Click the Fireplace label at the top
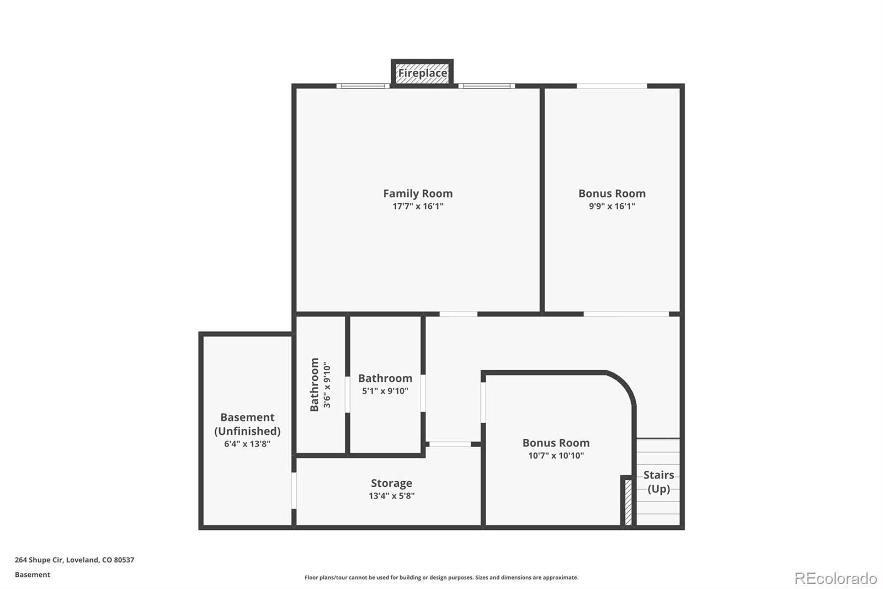pyautogui.click(x=422, y=73)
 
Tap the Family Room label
pyautogui.click(x=418, y=193)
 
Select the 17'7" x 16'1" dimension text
pyautogui.click(x=418, y=207)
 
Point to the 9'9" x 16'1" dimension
pyautogui.click(x=611, y=207)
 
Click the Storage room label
pyautogui.click(x=391, y=483)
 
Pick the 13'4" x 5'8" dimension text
pyautogui.click(x=391, y=496)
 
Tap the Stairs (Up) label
pyautogui.click(x=658, y=482)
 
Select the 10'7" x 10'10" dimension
pyautogui.click(x=556, y=456)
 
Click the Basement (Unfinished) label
pyautogui.click(x=247, y=424)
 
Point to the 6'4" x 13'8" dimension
pyautogui.click(x=247, y=444)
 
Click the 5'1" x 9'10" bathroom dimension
pyautogui.click(x=385, y=391)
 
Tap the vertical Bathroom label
pyautogui.click(x=315, y=385)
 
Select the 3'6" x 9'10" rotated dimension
pyautogui.click(x=327, y=385)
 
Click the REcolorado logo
pyautogui.click(x=836, y=579)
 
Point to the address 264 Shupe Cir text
pyautogui.click(x=75, y=560)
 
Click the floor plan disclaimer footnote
pyautogui.click(x=441, y=577)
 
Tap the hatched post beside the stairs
pyautogui.click(x=627, y=502)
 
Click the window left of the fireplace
pyautogui.click(x=363, y=86)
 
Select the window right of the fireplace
pyautogui.click(x=486, y=86)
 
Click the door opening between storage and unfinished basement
pyautogui.click(x=294, y=490)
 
